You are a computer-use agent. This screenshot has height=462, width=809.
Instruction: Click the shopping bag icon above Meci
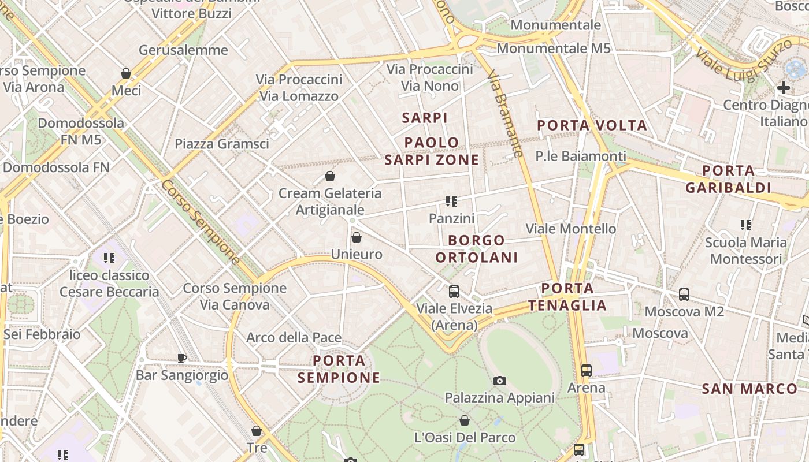125,73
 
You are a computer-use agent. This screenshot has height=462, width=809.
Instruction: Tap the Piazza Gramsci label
222,144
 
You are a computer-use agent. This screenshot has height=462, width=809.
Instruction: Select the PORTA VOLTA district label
592,125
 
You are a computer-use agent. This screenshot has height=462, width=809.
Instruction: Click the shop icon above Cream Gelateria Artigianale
329,176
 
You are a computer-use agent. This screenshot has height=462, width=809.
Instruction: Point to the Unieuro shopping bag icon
357,237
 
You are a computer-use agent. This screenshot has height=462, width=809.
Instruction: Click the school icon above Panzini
451,202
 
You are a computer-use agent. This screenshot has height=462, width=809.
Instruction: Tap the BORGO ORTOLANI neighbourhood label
477,249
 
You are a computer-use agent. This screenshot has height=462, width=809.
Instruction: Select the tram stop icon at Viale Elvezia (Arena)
454,292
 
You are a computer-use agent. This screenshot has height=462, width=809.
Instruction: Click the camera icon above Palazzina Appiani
500,381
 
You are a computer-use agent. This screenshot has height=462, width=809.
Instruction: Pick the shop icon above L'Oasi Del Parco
465,420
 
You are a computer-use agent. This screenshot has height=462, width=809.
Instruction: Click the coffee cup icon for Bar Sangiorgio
182,358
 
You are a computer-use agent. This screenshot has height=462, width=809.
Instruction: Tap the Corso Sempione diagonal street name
201,222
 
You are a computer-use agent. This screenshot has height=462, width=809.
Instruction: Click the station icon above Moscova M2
684,295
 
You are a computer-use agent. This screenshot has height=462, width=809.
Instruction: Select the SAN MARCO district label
749,389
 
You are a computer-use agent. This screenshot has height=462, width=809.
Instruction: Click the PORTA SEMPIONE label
339,370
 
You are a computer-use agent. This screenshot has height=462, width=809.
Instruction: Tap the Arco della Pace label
294,337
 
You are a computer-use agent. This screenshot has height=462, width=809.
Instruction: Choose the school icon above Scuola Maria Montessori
746,225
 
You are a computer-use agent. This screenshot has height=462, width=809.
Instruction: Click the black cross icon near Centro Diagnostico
784,88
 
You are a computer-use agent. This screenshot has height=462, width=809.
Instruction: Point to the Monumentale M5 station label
553,49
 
